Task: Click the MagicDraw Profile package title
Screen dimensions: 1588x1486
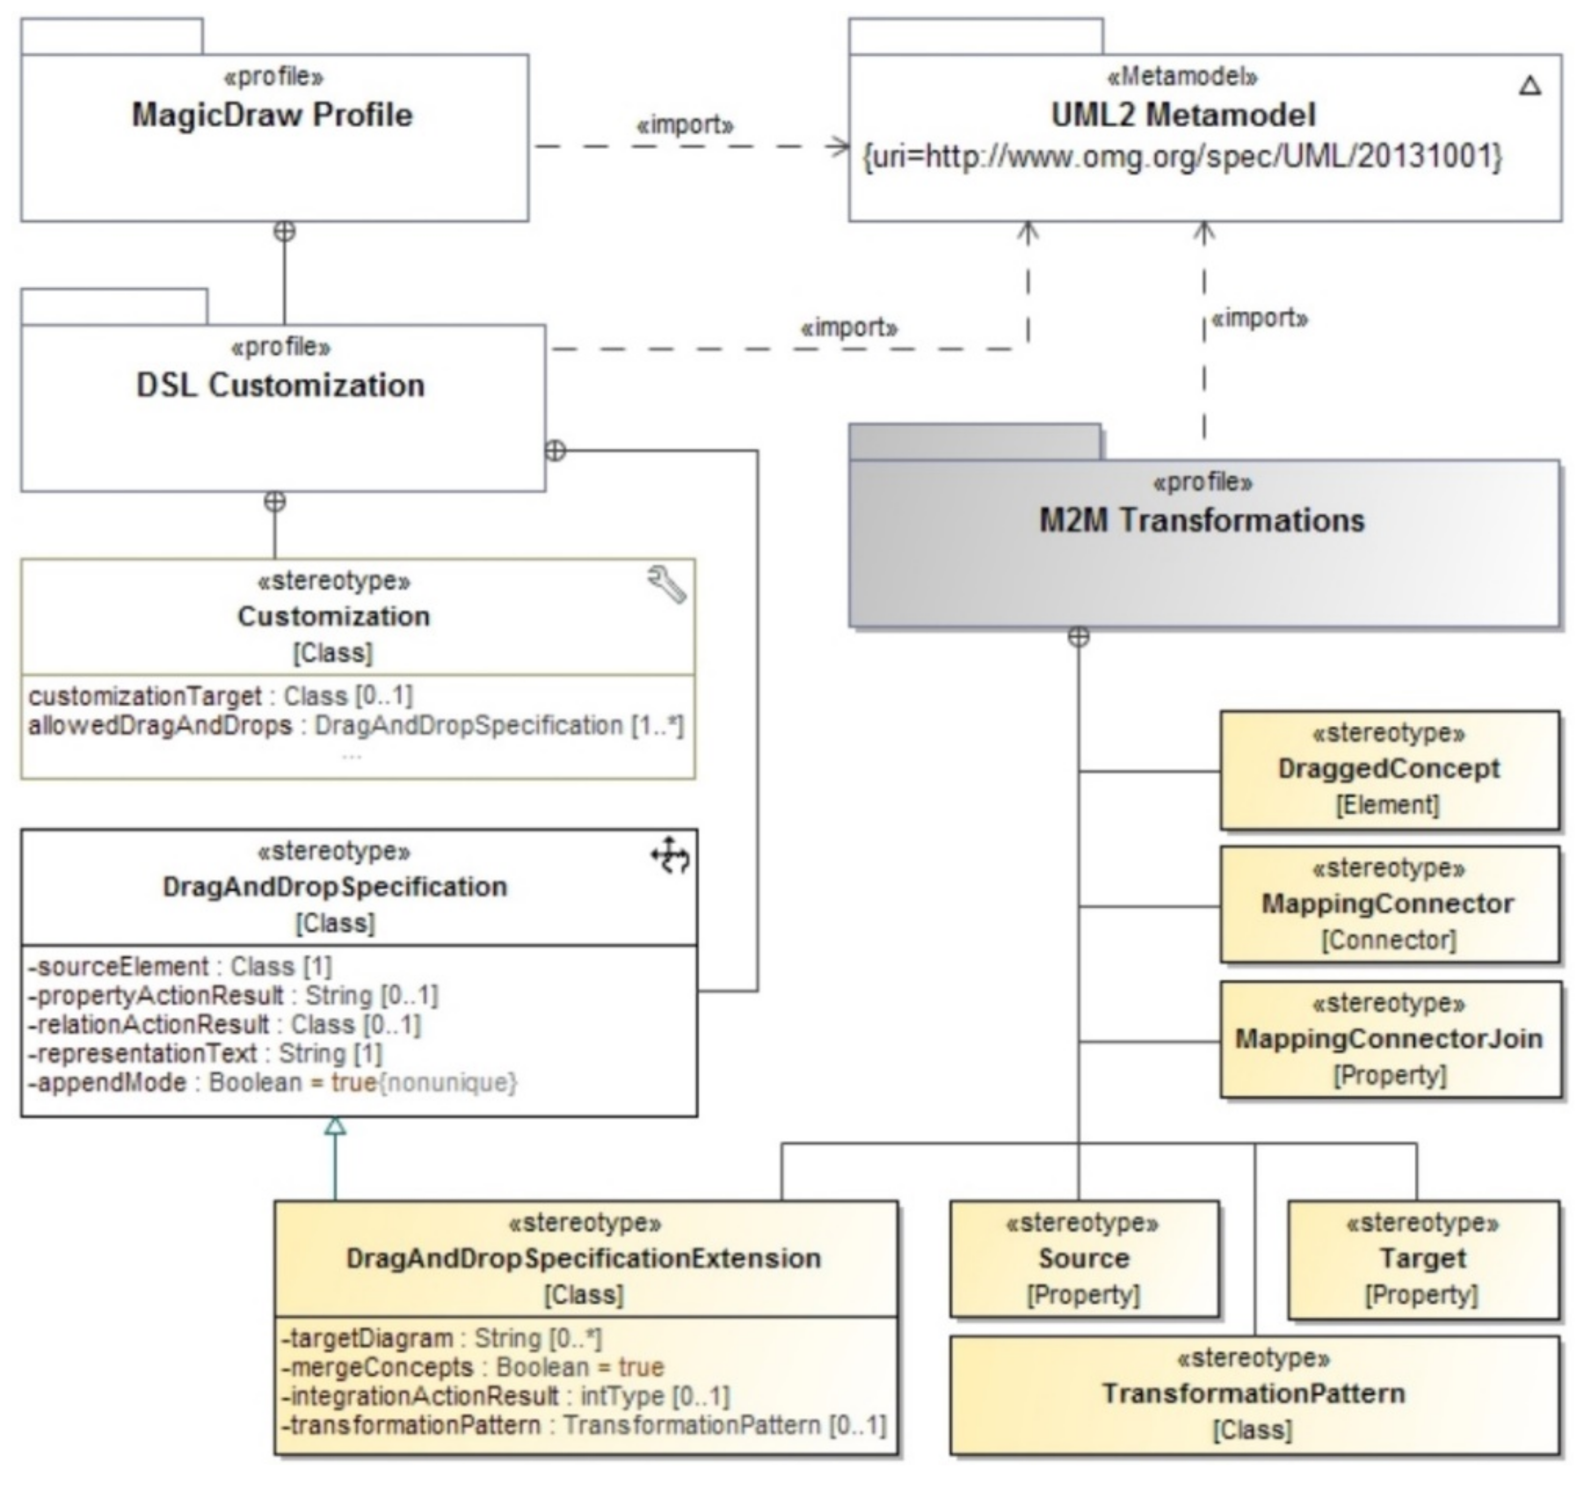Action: [x=273, y=115]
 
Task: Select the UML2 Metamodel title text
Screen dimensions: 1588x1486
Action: [x=1183, y=115]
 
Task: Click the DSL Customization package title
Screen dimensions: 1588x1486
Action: [x=280, y=385]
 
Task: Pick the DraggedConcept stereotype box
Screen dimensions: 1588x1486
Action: [x=1390, y=770]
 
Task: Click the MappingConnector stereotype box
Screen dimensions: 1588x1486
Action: [x=1390, y=905]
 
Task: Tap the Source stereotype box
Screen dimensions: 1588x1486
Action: [x=1084, y=1258]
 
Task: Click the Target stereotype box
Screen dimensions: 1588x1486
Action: [x=1424, y=1258]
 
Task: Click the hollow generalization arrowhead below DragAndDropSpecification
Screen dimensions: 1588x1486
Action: [x=336, y=1126]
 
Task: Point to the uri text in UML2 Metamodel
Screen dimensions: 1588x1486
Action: [x=1183, y=156]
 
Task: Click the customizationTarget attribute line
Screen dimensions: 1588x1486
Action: [x=221, y=696]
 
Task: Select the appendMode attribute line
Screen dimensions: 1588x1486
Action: [x=273, y=1083]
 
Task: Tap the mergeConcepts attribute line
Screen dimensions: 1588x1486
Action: [x=472, y=1367]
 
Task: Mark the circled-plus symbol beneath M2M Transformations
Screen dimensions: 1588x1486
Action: [x=1079, y=637]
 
